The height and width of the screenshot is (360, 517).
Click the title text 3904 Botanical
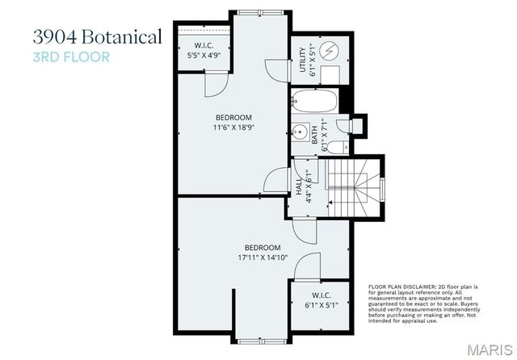pyautogui.click(x=97, y=37)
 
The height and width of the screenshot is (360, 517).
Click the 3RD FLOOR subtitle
pyautogui.click(x=71, y=57)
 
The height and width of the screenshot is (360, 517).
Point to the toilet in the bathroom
pyautogui.click(x=341, y=147)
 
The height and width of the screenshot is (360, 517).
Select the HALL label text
pyautogui.click(x=298, y=187)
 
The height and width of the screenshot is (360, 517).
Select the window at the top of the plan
pyautogui.click(x=261, y=10)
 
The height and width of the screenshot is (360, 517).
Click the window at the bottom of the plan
pyautogui.click(x=261, y=336)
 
